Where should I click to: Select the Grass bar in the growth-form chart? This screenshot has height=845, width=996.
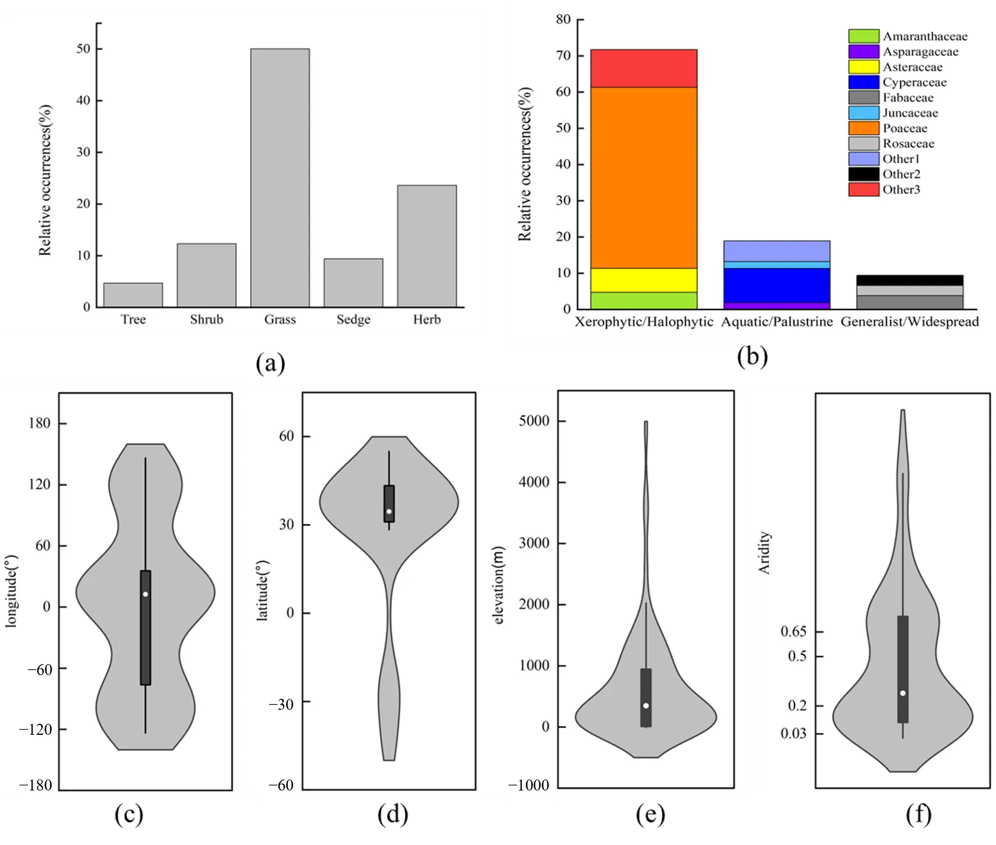click(x=280, y=177)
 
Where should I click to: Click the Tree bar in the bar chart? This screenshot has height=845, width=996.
click(x=133, y=295)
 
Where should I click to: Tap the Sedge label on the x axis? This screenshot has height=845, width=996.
click(x=353, y=320)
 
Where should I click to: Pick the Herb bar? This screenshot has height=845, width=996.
click(x=427, y=246)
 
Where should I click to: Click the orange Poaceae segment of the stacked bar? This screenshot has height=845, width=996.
click(x=644, y=177)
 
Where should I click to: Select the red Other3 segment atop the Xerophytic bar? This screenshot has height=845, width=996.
click(x=644, y=68)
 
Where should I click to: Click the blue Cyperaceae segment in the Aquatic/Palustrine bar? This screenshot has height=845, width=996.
click(x=777, y=285)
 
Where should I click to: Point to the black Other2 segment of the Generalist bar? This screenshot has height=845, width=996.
click(x=910, y=280)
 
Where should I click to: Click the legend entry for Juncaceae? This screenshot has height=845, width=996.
click(x=910, y=113)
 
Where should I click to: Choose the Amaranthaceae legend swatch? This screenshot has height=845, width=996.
click(x=864, y=37)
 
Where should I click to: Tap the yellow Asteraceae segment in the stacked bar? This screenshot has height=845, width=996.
click(x=644, y=280)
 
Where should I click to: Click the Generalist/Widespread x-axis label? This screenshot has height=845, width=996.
click(x=910, y=322)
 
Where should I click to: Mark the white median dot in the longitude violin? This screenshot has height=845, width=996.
click(x=145, y=594)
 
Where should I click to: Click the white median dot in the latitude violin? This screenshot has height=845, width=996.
click(x=389, y=512)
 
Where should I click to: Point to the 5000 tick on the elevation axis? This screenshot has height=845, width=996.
click(x=534, y=421)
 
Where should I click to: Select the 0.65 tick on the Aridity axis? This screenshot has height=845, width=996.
click(x=793, y=632)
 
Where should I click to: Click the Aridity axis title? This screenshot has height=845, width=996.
click(x=764, y=553)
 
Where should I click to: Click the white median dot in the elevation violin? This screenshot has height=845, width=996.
click(x=646, y=706)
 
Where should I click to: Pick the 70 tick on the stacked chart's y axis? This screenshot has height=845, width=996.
click(x=563, y=56)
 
